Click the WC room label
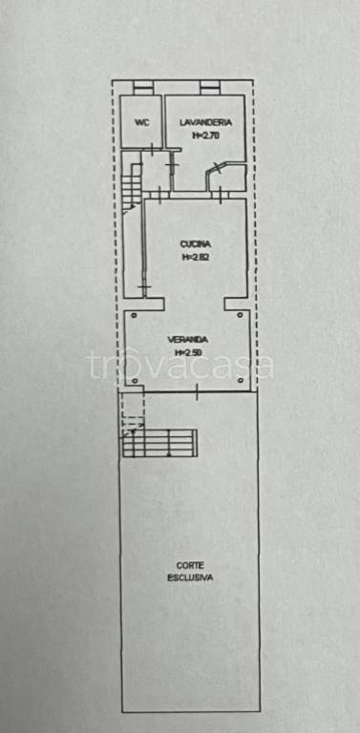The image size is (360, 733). pyautogui.click(x=141, y=122)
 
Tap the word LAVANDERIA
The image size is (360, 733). pyautogui.click(x=205, y=122)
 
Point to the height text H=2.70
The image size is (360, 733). pyautogui.click(x=206, y=136)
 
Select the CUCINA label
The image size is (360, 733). pyautogui.click(x=196, y=243)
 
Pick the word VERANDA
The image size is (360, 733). pyautogui.click(x=188, y=340)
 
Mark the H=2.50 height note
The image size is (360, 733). pyautogui.click(x=188, y=353)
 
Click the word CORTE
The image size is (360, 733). pyautogui.click(x=189, y=565)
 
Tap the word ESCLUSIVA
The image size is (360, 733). pyautogui.click(x=190, y=577)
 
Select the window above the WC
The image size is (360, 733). pyautogui.click(x=142, y=88)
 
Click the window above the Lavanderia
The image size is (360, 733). pyautogui.click(x=210, y=88)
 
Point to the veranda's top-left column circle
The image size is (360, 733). pyautogui.click(x=135, y=315)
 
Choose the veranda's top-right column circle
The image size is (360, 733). pyautogui.click(x=241, y=315)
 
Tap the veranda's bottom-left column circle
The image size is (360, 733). pyautogui.click(x=135, y=381)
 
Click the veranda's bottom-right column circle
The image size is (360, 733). pyautogui.click(x=241, y=381)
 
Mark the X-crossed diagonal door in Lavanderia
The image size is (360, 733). pyautogui.click(x=217, y=168)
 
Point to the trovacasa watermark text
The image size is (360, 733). pyautogui.click(x=180, y=365)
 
